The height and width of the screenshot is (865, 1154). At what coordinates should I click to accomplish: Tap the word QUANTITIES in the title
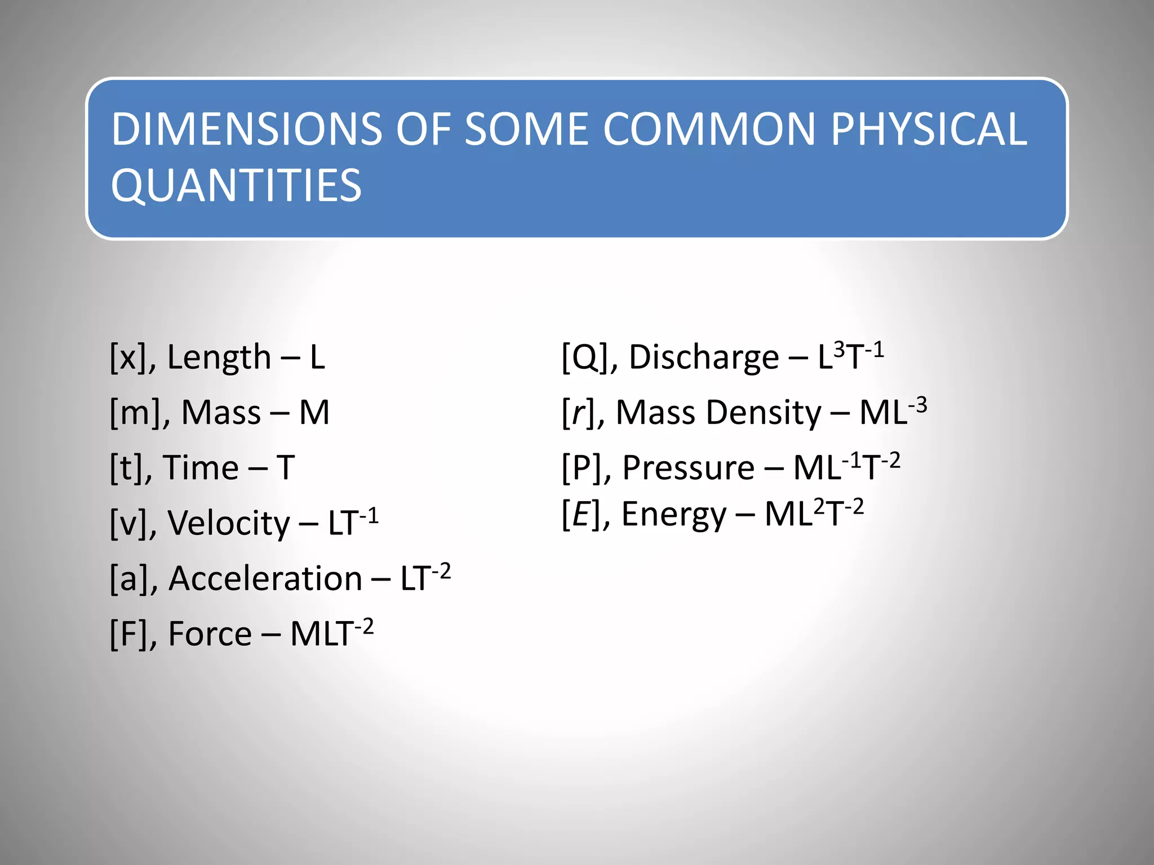click(236, 186)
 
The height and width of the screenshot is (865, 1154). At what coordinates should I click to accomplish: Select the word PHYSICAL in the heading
click(929, 130)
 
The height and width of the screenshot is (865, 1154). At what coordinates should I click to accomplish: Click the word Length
click(219, 358)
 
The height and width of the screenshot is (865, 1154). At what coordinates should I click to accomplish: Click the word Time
click(201, 468)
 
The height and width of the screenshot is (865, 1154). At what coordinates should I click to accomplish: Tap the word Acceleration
click(265, 579)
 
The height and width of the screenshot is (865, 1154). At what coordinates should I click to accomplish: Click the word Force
click(210, 634)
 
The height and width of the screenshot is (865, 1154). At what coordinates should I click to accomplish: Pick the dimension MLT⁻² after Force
click(331, 633)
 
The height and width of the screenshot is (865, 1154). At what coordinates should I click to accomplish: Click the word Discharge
click(704, 358)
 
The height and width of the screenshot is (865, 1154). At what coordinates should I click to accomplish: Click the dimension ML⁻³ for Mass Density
click(893, 411)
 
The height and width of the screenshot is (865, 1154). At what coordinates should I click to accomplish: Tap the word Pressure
click(688, 468)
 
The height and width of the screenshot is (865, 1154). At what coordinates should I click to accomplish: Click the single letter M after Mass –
click(314, 413)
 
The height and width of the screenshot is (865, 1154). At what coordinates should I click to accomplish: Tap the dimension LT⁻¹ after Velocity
click(353, 521)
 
